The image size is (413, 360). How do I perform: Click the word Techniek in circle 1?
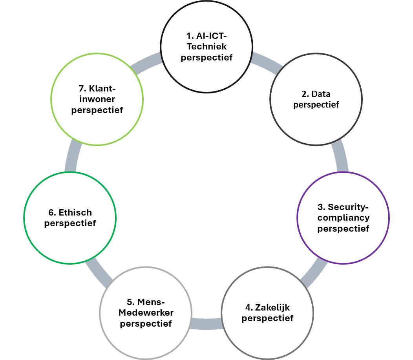207,47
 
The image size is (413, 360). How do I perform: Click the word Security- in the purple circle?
349,207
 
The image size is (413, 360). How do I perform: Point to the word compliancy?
344,217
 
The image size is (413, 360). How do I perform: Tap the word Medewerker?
146,313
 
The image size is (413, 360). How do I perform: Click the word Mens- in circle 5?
151,302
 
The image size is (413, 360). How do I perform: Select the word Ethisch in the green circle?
75,212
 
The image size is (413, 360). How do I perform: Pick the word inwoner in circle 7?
98,100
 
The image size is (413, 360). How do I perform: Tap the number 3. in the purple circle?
321,207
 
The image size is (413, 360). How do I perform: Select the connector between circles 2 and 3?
340,157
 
